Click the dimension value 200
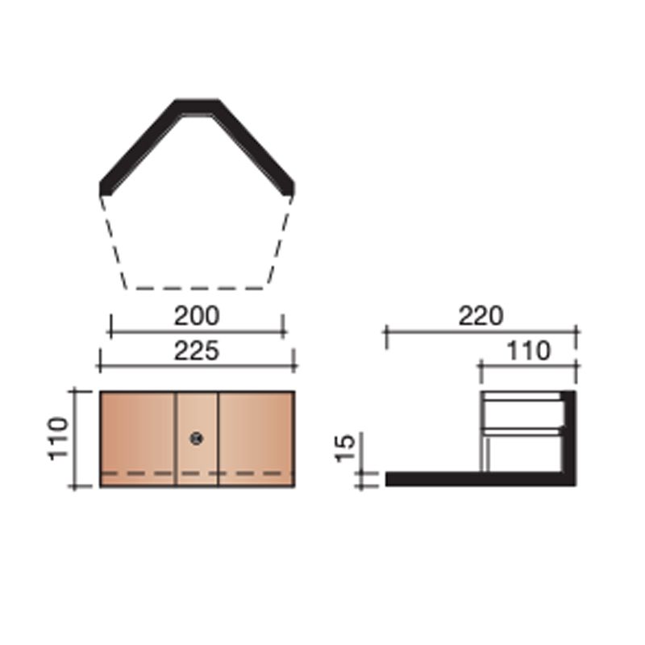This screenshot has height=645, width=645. click(197, 315)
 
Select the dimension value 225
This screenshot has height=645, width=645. click(197, 351)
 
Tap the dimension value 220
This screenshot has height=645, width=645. click(481, 315)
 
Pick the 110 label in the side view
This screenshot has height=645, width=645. click(528, 351)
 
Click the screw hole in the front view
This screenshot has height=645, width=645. click(197, 438)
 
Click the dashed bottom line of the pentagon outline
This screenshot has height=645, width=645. click(197, 288)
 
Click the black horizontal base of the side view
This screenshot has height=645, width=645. click(451, 479)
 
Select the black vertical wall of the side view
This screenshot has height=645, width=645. click(568, 435)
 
